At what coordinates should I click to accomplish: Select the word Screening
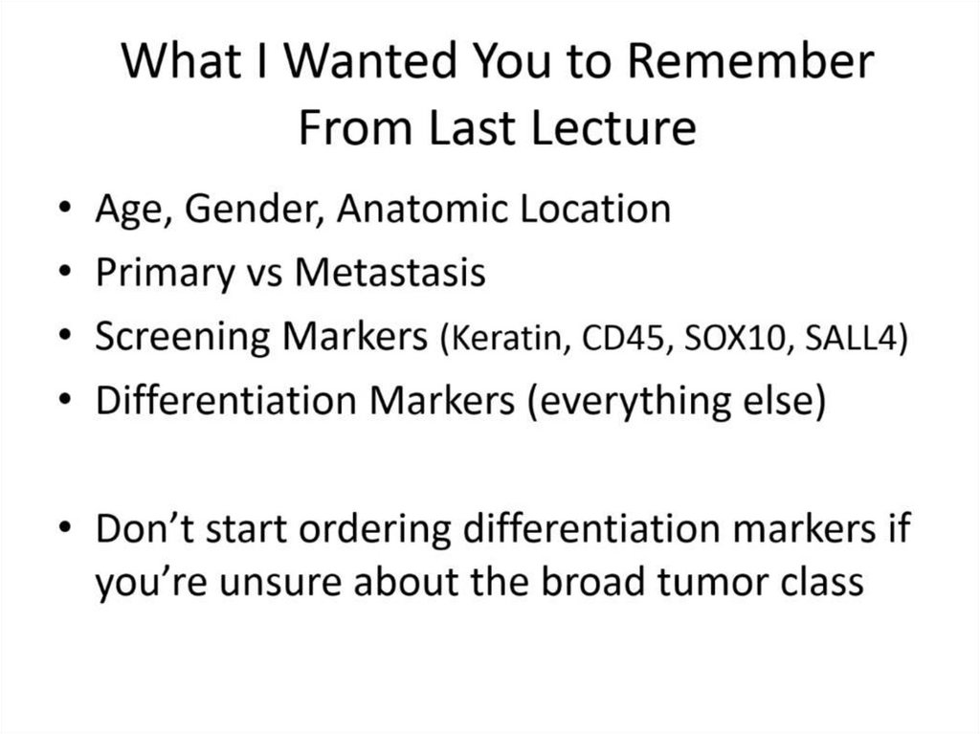(183, 337)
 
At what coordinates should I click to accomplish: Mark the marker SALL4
(851, 338)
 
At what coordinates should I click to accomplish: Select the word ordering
(375, 529)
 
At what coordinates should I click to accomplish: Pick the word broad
(592, 581)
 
